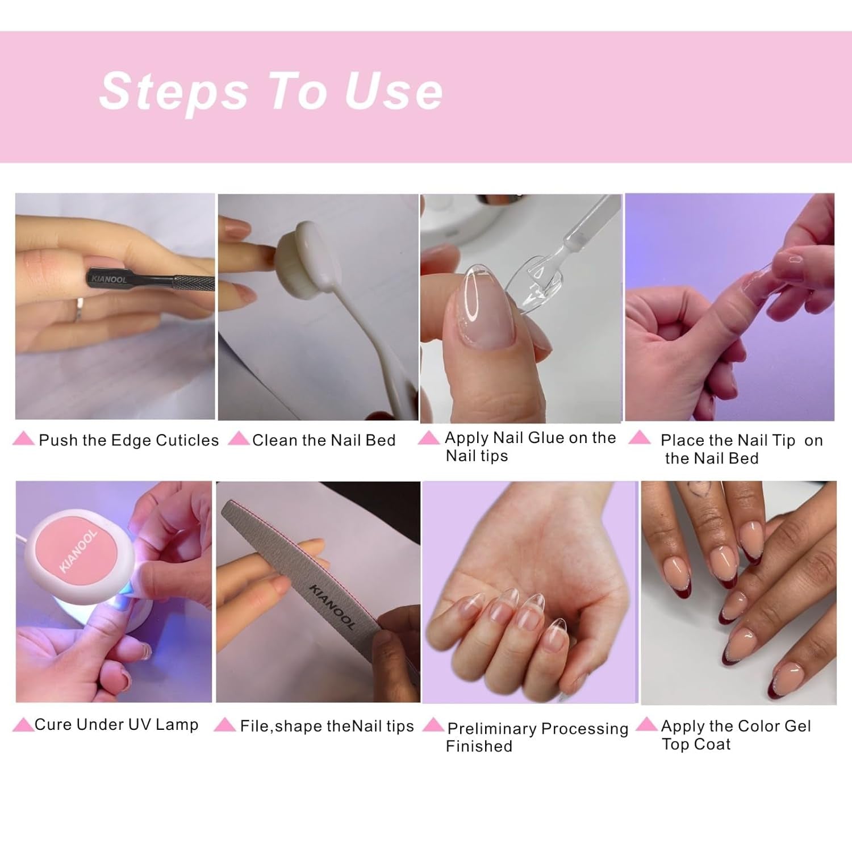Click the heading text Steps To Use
pos(271,91)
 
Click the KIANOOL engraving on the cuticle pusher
pos(109,279)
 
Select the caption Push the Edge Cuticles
pos(128,440)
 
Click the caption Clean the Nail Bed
pos(324,440)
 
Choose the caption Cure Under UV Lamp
pos(116,725)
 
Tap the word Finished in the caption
pos(479,746)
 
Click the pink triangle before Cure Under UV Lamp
pos(23,725)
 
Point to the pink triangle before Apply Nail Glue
pos(429,438)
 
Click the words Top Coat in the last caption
pos(696,744)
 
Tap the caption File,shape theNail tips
pos(327,726)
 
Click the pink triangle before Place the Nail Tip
pos(640,437)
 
